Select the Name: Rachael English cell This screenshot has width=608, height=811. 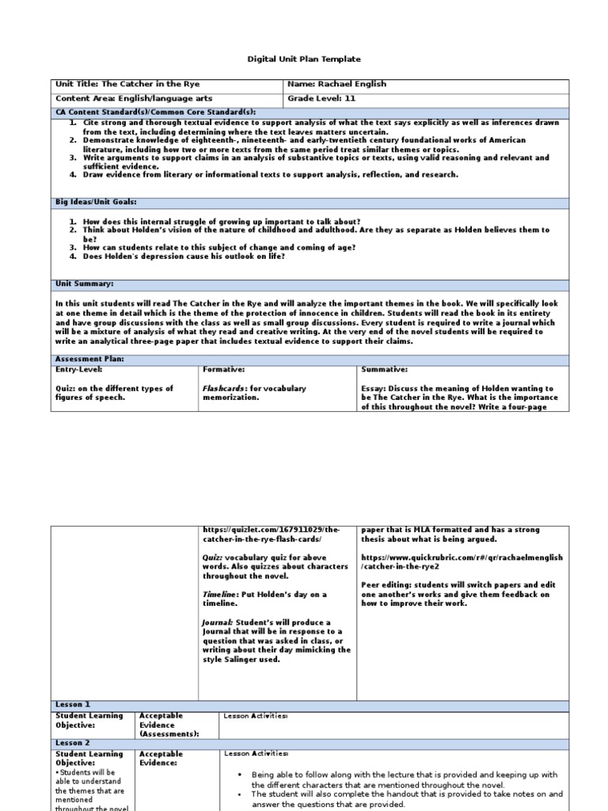(x=338, y=84)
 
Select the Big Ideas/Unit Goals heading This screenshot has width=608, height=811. (x=93, y=203)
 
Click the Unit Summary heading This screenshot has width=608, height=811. (x=84, y=284)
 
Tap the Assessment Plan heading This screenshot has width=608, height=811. (x=89, y=359)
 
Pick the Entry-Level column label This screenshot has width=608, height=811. (x=78, y=370)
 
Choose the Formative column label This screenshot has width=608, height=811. (x=224, y=370)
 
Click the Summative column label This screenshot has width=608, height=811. (x=384, y=370)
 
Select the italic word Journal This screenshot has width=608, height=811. (x=216, y=623)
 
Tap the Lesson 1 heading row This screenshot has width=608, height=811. (x=73, y=704)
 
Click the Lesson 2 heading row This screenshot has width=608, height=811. (x=73, y=744)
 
